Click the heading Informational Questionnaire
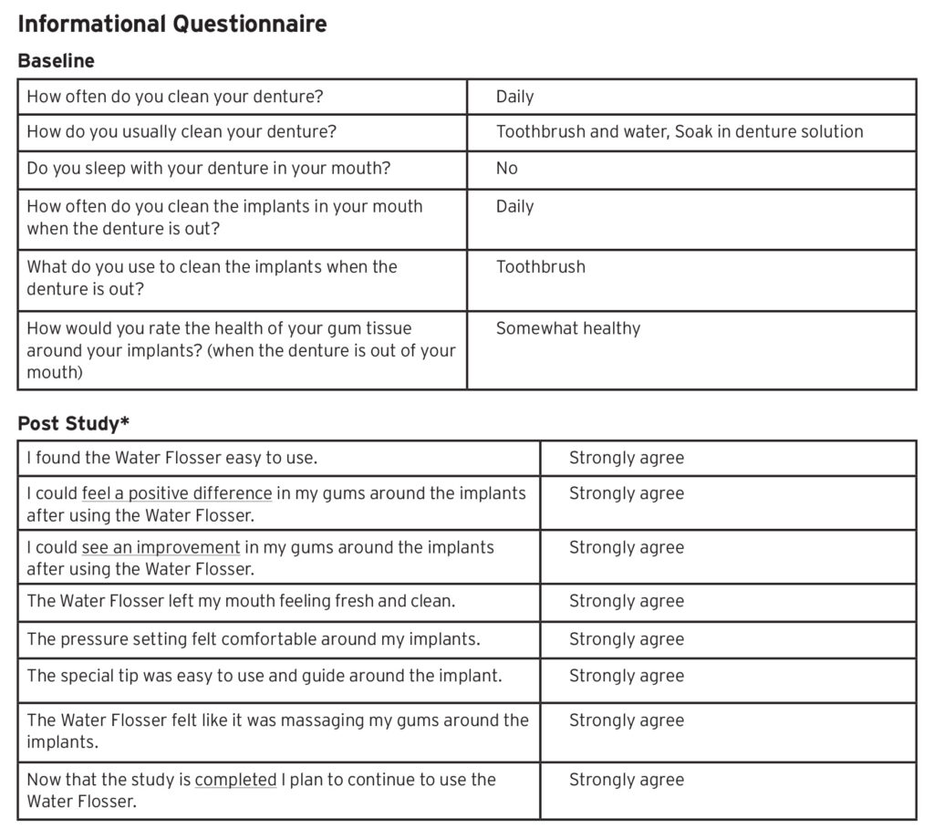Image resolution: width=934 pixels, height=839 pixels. pyautogui.click(x=171, y=24)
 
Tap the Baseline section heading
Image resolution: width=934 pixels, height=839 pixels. pyautogui.click(x=56, y=61)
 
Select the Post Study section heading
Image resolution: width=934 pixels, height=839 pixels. pyautogui.click(x=68, y=423)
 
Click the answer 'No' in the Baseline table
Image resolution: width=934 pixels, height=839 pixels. pyautogui.click(x=506, y=169)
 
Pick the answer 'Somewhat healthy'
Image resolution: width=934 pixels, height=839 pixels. pyautogui.click(x=567, y=328)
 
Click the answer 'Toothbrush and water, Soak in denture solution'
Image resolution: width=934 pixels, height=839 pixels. pyautogui.click(x=679, y=131)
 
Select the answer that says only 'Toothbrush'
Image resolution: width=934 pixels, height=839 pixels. pyautogui.click(x=540, y=267)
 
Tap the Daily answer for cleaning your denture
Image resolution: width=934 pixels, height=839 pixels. pyautogui.click(x=514, y=97)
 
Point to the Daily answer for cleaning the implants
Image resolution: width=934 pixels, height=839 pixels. pyautogui.click(x=514, y=207)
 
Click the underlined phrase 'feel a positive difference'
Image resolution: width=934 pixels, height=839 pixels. pyautogui.click(x=177, y=493)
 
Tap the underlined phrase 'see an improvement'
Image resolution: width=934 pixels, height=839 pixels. pyautogui.click(x=161, y=547)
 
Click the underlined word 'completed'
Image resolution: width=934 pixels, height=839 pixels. pyautogui.click(x=235, y=780)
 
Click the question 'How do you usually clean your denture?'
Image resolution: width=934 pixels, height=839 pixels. pyautogui.click(x=182, y=131)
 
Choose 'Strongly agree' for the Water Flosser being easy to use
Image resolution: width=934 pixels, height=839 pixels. pyautogui.click(x=626, y=458)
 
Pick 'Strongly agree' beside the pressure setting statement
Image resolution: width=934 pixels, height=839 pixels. pyautogui.click(x=626, y=639)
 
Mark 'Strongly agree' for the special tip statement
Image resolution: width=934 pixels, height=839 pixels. pyautogui.click(x=626, y=676)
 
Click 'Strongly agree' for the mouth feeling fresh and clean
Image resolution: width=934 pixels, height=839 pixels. pyautogui.click(x=626, y=602)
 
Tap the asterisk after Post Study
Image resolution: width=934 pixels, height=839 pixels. pyautogui.click(x=126, y=420)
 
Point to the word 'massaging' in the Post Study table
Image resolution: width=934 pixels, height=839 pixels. pyautogui.click(x=322, y=720)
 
